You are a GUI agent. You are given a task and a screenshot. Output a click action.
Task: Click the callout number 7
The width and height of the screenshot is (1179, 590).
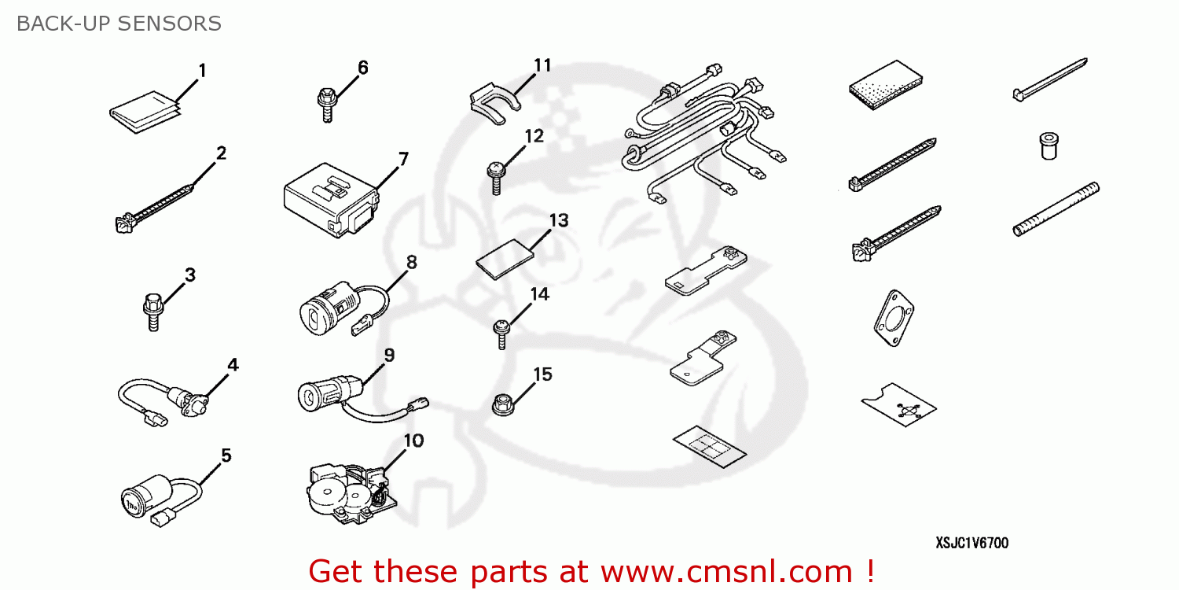[x=403, y=160]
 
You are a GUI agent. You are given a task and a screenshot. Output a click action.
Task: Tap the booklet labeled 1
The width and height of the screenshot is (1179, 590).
[x=144, y=112]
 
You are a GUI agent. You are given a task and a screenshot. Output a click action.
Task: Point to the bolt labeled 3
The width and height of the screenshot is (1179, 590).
[x=154, y=311]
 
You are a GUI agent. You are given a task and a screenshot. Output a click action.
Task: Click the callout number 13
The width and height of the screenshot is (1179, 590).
[x=558, y=220]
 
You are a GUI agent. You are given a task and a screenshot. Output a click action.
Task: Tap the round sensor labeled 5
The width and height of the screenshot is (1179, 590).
[x=145, y=497]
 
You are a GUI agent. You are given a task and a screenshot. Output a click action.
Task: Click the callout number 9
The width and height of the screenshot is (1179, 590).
[x=389, y=355]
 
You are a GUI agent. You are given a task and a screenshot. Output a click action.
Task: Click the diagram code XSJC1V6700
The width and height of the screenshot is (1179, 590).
[x=971, y=543]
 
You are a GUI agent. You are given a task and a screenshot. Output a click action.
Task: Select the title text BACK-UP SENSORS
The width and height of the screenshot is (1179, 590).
[x=119, y=24]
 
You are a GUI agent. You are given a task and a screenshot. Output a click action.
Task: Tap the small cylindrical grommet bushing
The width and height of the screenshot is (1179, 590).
[x=1047, y=146]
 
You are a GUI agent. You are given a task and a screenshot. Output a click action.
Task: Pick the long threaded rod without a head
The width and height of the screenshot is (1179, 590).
[x=1056, y=209]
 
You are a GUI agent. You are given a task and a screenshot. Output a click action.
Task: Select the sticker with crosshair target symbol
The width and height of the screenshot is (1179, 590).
[x=899, y=407]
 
